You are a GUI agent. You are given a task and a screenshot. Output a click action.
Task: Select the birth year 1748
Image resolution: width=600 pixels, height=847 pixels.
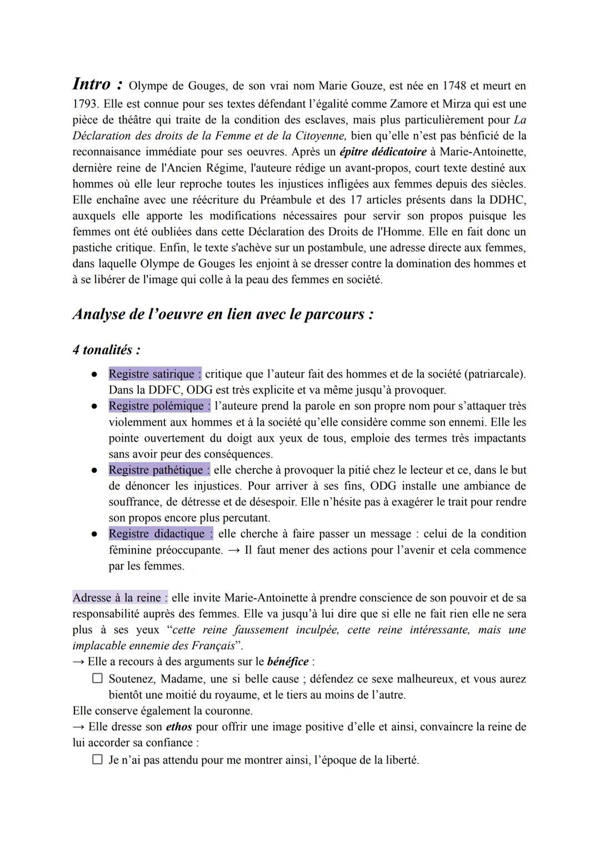point(455,86)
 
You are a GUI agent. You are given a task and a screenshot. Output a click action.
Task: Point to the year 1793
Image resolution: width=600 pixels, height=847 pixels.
point(84,104)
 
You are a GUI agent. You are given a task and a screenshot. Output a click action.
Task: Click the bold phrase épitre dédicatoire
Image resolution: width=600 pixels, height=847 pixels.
point(383,152)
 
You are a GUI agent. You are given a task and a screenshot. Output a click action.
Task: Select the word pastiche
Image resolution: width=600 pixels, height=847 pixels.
point(92,248)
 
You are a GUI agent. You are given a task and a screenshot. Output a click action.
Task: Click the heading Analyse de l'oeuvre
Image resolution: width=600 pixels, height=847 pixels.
point(222,314)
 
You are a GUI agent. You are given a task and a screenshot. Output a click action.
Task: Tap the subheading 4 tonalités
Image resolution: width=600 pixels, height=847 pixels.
point(106,350)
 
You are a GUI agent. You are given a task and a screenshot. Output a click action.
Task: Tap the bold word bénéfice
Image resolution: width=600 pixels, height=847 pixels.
point(288,662)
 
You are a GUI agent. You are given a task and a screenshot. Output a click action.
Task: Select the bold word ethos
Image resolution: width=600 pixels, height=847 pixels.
point(179,727)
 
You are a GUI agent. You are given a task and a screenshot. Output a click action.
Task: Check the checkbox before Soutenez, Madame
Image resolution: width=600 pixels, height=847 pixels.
point(97,679)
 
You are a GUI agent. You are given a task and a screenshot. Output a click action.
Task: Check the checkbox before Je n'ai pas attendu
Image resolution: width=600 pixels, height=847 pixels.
point(97,759)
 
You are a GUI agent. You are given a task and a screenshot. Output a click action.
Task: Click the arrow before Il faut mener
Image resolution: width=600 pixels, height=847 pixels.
point(234,550)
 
